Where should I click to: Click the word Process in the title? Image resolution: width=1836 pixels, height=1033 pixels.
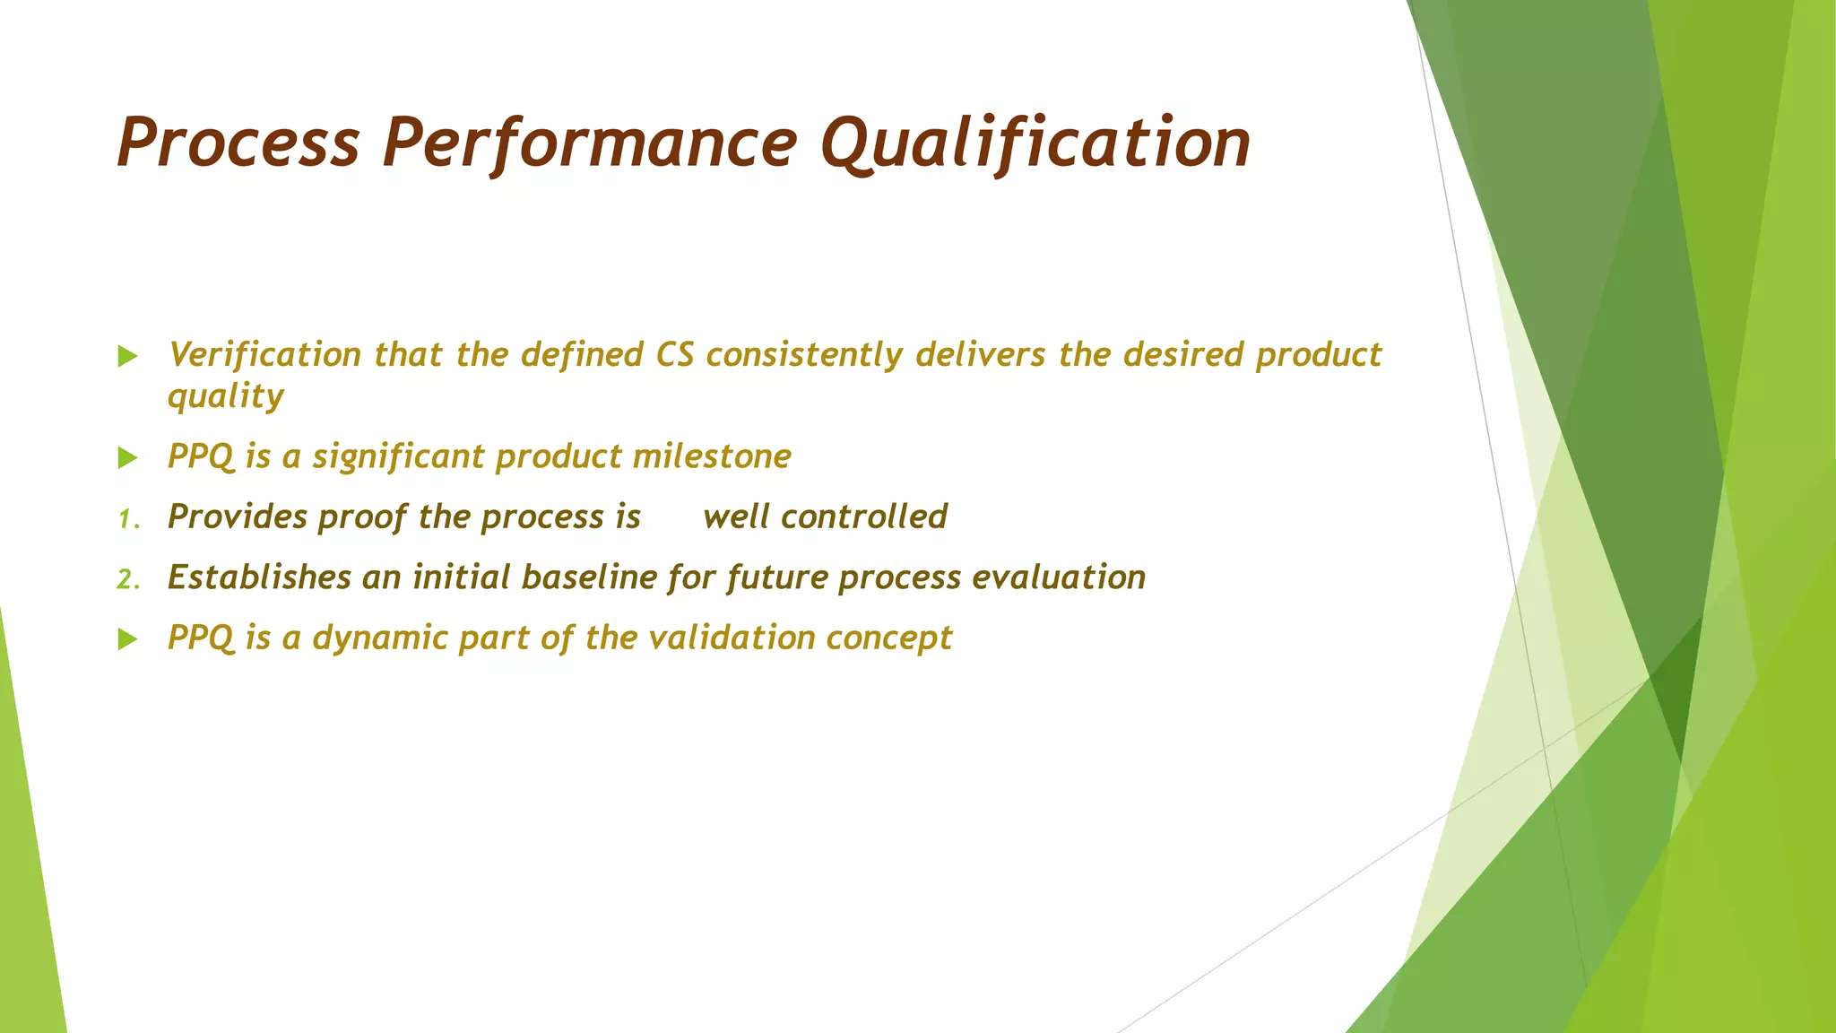(x=238, y=143)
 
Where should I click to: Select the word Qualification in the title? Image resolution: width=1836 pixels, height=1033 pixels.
(x=1035, y=143)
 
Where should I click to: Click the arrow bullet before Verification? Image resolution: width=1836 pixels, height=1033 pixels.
(x=128, y=357)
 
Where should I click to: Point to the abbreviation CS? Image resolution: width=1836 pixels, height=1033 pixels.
(x=674, y=355)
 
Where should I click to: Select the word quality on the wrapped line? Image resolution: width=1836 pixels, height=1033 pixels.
(x=226, y=396)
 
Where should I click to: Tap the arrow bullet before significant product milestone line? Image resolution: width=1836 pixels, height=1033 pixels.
(x=128, y=458)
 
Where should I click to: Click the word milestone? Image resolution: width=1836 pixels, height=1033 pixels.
(x=712, y=456)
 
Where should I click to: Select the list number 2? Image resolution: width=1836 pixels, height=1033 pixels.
(x=127, y=579)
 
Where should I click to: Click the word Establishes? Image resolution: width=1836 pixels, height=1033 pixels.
(x=259, y=577)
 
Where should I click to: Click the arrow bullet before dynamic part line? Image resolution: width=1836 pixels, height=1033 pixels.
(x=128, y=639)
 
